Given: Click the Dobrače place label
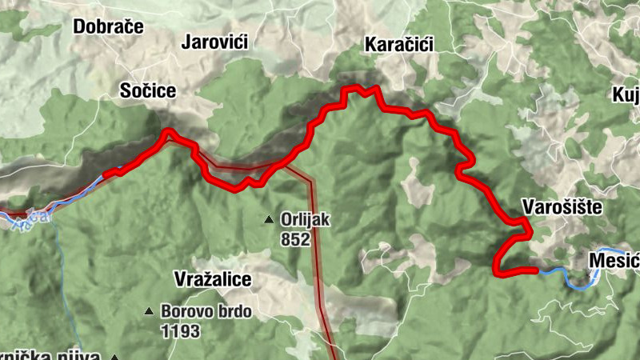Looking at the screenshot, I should point(108,26).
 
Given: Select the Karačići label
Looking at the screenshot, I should point(398,44).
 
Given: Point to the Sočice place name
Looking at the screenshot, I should point(147,90).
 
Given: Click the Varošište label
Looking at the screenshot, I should point(562,206).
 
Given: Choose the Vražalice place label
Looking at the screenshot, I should point(213,279).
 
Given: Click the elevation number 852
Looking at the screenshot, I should point(295,238).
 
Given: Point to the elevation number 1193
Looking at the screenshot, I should point(179,330).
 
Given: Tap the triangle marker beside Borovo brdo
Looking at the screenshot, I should point(148,311).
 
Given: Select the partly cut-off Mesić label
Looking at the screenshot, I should point(613,261).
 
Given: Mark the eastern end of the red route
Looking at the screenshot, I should point(534,270).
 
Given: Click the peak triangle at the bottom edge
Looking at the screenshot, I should point(115,357).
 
